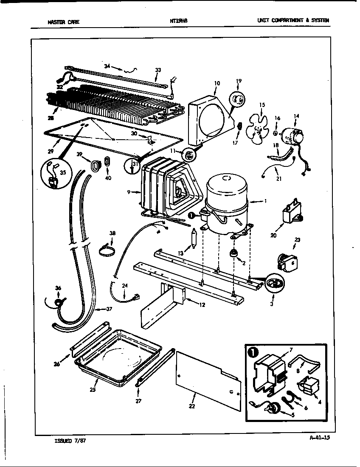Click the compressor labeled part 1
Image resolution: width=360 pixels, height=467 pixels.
point(226,200)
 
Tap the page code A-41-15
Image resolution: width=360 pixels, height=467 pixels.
point(320,438)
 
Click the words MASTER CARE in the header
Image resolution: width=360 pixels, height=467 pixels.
point(63,22)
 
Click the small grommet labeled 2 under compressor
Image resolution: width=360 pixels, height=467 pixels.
point(233,253)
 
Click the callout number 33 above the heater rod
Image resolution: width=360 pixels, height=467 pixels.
point(158,70)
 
